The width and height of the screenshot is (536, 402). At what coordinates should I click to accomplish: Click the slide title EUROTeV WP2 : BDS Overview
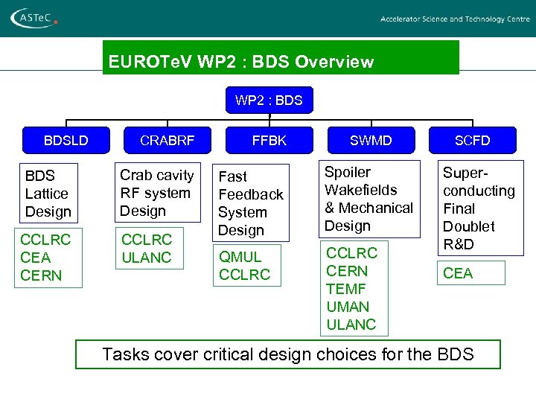(240, 62)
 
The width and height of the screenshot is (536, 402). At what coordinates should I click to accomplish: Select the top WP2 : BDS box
(269, 100)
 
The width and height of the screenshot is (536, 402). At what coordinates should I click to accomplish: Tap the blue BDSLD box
(66, 140)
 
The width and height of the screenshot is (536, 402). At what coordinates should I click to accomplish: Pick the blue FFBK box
(269, 140)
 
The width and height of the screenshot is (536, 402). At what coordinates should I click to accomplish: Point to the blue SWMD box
(371, 140)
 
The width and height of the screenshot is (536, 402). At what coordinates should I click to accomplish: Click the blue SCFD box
(473, 140)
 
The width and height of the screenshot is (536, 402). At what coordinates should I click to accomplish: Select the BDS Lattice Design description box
(48, 194)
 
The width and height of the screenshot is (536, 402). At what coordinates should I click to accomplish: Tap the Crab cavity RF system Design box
(157, 193)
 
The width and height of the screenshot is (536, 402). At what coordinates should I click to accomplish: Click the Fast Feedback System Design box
(251, 203)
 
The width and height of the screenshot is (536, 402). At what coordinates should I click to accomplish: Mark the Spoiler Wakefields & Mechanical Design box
(368, 199)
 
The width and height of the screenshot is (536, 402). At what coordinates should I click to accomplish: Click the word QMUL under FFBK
(240, 257)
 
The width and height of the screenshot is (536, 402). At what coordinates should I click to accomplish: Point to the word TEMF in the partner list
(347, 289)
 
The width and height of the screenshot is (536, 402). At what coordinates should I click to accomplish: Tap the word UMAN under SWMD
(348, 307)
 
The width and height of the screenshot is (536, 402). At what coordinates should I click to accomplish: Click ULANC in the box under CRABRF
(147, 258)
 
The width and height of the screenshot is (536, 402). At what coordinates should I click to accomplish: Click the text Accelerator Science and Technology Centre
(455, 19)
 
